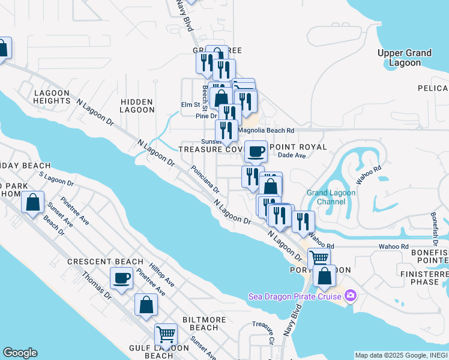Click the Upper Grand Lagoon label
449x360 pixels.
(404, 58)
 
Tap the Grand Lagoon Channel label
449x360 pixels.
(331, 197)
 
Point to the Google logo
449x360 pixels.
(20, 353)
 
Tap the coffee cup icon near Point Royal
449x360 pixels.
(256, 152)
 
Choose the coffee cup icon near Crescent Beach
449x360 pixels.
(122, 278)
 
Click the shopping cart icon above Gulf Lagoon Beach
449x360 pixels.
(166, 334)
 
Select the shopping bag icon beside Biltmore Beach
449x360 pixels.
(146, 305)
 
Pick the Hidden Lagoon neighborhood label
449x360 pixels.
(136, 106)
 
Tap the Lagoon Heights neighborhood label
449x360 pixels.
(52, 97)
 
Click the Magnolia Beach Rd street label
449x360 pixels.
(266, 130)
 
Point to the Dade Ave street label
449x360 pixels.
(292, 155)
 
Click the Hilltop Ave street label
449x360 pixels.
(162, 274)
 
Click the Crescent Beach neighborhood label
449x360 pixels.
(105, 262)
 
